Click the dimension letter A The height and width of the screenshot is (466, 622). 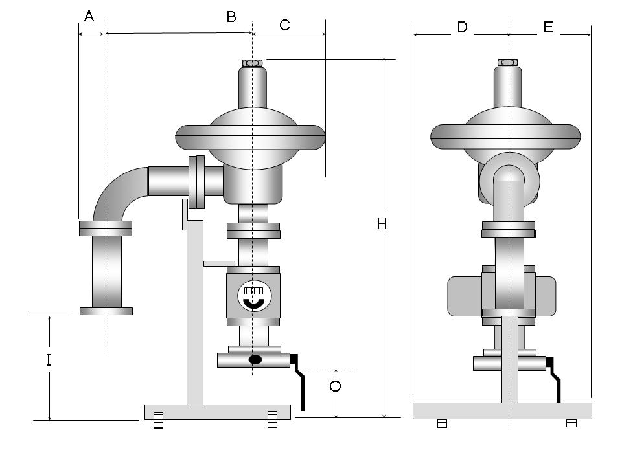tap(89, 16)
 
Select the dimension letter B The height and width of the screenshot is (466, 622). tap(231, 17)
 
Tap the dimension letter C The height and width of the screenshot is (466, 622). tap(284, 25)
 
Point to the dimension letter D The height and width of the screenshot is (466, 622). tap(462, 27)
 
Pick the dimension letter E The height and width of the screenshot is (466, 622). tap(548, 27)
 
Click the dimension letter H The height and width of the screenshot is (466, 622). tap(382, 224)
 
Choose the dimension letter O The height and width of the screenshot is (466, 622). tap(335, 386)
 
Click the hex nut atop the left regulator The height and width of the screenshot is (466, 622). tap(252, 63)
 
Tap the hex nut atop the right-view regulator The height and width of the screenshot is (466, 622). tap(508, 63)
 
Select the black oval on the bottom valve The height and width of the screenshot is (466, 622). tap(255, 360)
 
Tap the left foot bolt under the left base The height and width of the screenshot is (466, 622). tap(158, 420)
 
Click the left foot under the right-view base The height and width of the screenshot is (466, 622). tap(442, 423)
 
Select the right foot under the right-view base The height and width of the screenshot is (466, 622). tap(571, 423)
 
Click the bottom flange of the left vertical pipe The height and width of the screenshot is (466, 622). tap(106, 311)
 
